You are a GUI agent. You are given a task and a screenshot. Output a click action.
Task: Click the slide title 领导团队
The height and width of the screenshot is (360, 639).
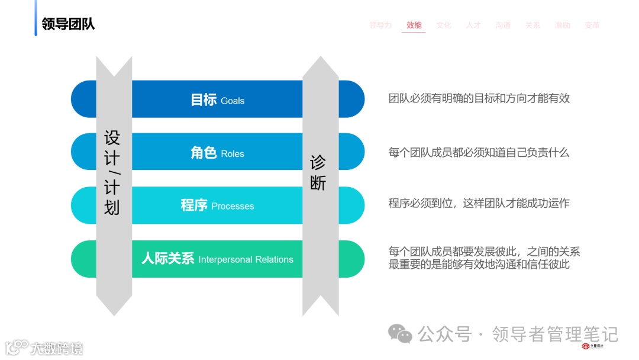click(x=68, y=24)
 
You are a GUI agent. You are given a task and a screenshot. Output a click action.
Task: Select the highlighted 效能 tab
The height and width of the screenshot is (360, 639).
click(x=414, y=25)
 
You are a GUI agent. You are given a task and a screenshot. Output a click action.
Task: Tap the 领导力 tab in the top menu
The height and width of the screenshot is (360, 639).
click(x=380, y=25)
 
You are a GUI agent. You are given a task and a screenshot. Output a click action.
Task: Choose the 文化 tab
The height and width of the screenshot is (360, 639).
click(x=444, y=25)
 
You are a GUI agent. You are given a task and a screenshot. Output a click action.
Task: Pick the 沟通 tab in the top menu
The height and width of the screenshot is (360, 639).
click(x=503, y=25)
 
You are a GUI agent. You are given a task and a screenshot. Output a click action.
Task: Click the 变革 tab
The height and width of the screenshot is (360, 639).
click(x=592, y=25)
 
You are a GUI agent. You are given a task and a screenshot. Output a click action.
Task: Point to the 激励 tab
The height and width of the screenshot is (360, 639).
click(x=562, y=25)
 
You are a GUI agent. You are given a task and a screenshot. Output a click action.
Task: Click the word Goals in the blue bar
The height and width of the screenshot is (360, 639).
click(x=233, y=101)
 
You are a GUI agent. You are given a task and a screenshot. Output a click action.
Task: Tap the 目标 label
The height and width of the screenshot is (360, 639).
click(x=204, y=99)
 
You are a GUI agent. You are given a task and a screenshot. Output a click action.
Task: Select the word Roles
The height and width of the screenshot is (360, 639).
click(x=233, y=154)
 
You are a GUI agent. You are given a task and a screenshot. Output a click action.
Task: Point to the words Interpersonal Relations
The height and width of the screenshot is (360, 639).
click(x=246, y=260)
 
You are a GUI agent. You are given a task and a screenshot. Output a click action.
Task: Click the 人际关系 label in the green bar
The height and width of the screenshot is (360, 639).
click(x=168, y=259)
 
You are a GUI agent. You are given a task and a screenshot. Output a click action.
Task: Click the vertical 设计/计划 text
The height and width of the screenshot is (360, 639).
click(x=112, y=172)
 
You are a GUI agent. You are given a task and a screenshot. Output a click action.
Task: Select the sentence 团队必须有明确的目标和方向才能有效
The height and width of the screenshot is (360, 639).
click(x=479, y=98)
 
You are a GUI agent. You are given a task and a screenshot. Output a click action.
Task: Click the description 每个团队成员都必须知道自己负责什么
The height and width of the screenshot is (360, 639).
click(x=479, y=153)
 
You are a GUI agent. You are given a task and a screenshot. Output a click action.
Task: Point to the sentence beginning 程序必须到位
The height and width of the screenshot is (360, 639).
click(x=479, y=204)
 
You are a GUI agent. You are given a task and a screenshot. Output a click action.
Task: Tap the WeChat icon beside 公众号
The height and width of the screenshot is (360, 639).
click(x=401, y=334)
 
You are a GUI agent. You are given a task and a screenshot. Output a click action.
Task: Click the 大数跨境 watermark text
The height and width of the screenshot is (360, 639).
click(x=57, y=348)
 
